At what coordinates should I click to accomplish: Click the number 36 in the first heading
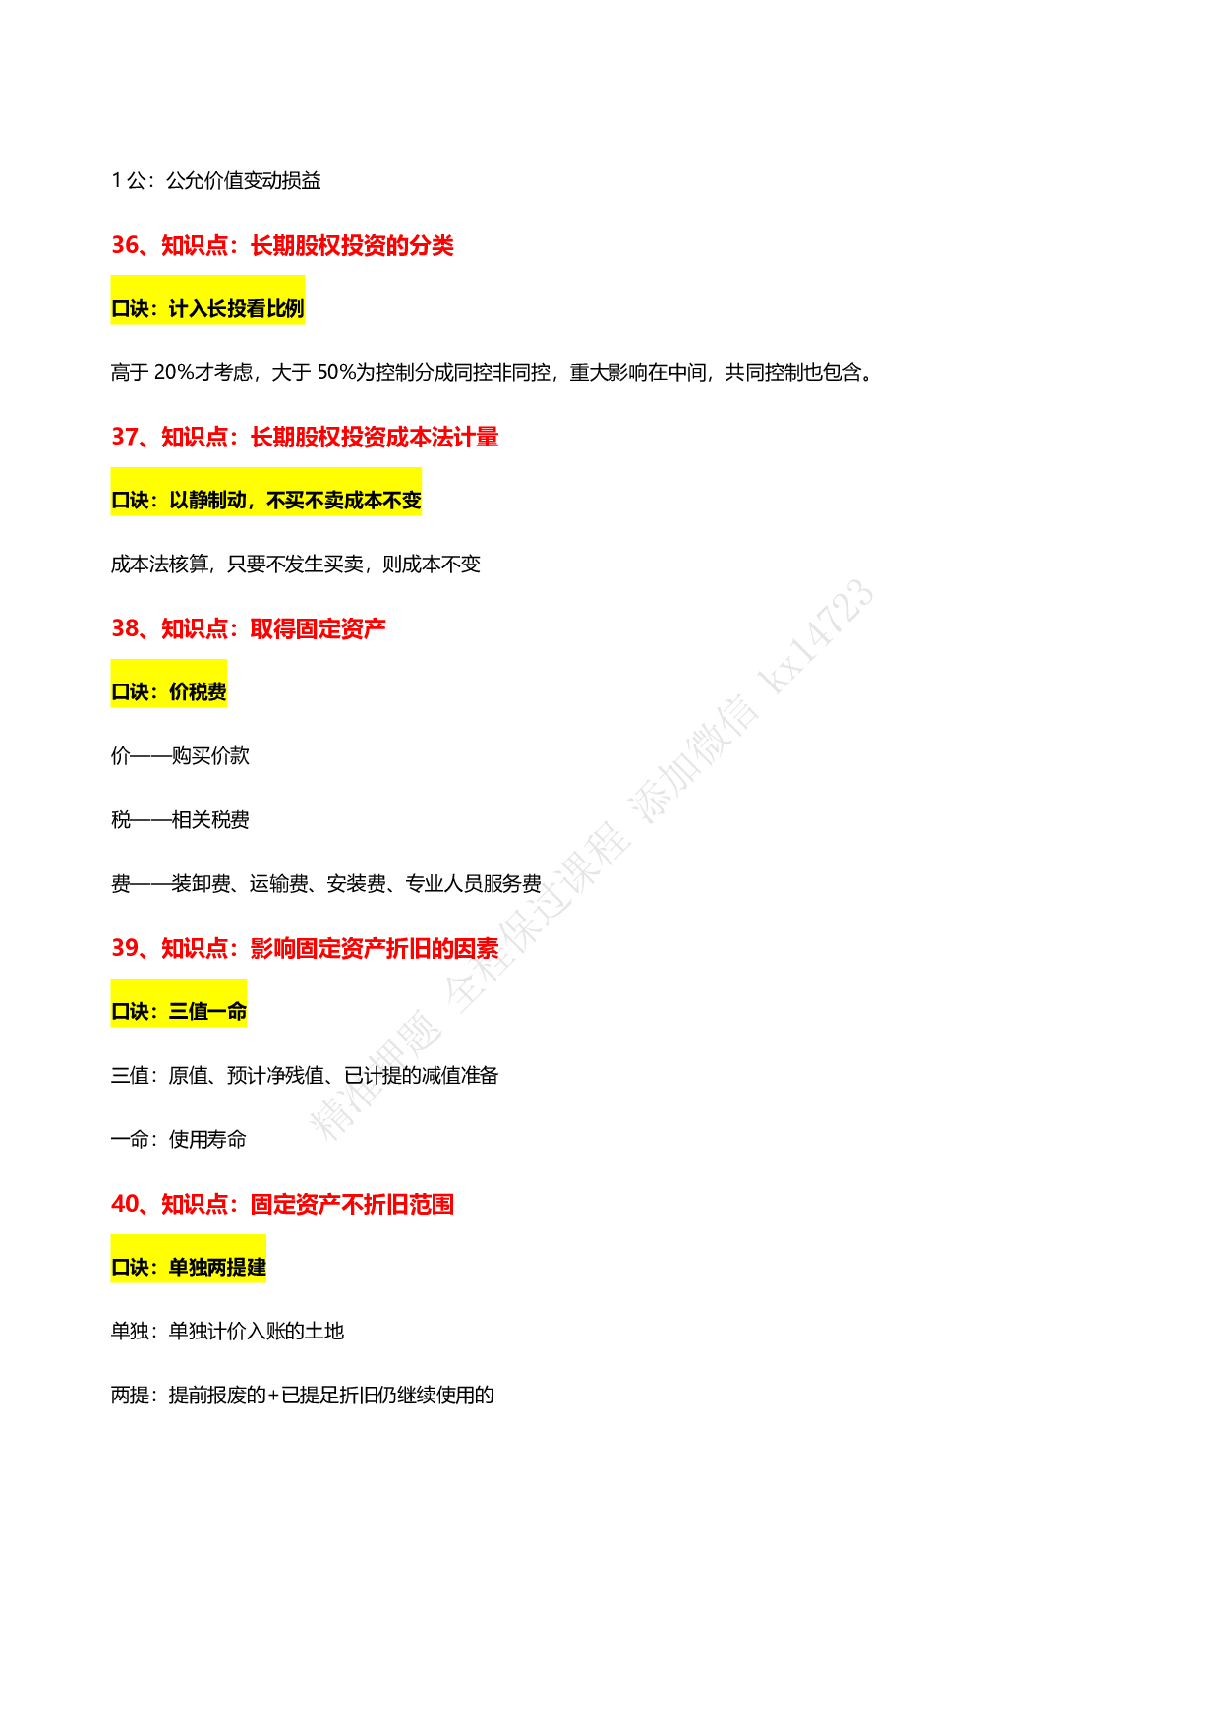click(125, 245)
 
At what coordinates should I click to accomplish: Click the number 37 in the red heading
click(125, 437)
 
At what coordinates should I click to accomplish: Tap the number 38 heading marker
click(125, 628)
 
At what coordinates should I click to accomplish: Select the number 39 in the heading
click(125, 948)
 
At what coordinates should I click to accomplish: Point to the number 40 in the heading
click(125, 1204)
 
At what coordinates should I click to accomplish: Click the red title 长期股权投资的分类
click(352, 245)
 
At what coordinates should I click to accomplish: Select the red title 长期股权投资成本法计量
click(375, 437)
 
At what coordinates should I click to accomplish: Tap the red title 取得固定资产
click(319, 628)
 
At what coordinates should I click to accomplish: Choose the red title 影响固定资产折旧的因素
click(375, 948)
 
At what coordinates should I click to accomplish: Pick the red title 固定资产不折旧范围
click(352, 1204)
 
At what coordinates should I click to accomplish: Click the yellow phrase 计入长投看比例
click(236, 309)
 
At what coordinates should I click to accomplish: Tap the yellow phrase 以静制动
click(207, 501)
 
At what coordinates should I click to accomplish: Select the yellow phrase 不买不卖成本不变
click(344, 501)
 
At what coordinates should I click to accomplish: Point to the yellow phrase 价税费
click(198, 692)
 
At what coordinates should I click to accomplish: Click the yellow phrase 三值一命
click(207, 1012)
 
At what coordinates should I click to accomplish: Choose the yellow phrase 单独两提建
click(217, 1268)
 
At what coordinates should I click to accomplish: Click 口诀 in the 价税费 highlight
click(130, 692)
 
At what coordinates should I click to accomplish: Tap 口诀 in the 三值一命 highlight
click(130, 1012)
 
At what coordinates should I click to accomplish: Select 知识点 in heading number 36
click(195, 245)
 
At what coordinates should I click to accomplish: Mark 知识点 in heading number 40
click(195, 1204)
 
